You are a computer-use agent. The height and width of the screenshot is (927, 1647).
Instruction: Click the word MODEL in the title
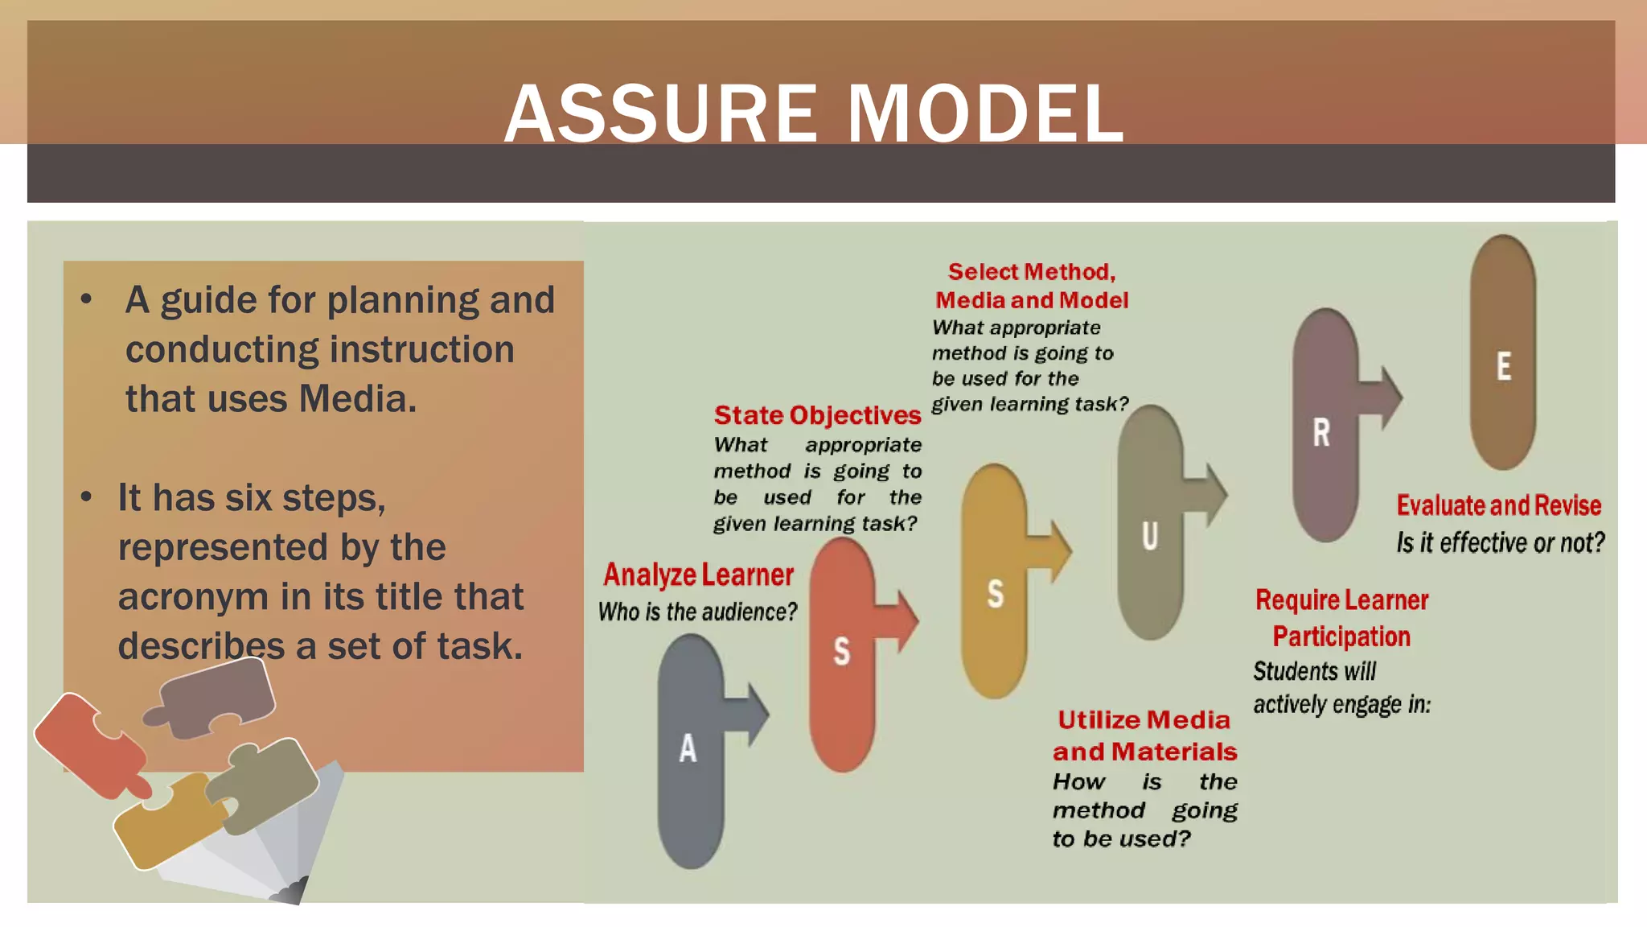coord(985,114)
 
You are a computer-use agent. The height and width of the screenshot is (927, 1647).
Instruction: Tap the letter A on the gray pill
coord(688,748)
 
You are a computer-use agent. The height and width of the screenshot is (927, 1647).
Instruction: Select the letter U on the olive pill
coord(1150,536)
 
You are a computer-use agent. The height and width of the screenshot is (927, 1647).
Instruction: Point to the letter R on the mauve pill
coord(1321,433)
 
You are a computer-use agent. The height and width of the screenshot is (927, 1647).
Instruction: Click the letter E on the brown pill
coord(1503,367)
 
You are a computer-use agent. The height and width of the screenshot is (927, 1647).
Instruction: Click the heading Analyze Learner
coord(698,575)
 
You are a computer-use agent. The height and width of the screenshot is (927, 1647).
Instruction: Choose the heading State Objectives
coord(817,415)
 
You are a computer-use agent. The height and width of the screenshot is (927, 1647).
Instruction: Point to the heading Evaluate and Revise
coord(1498,505)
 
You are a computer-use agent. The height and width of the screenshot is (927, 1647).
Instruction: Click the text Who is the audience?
coord(697,612)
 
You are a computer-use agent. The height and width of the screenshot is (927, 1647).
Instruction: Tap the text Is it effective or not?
coord(1500,543)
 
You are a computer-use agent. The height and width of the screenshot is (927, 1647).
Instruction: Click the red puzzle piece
coord(88,744)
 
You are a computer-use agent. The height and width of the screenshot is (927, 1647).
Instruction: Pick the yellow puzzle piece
coord(165,821)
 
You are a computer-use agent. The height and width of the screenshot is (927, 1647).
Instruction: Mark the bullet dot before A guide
coord(87,299)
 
